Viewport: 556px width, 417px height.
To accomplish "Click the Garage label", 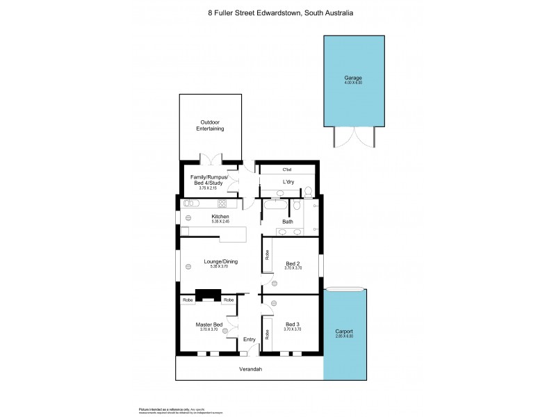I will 353,78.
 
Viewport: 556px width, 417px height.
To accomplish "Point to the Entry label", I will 249,339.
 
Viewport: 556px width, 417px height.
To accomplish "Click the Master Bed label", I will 208,325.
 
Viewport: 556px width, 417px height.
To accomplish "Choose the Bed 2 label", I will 293,263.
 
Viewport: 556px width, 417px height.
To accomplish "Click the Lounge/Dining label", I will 221,261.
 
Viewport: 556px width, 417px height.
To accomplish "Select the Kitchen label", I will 220,216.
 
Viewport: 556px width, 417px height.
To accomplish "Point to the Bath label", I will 288,222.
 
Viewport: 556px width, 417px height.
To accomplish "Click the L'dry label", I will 288,181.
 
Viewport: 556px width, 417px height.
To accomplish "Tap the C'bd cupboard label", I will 286,170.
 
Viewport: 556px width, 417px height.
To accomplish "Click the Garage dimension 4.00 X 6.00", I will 353,83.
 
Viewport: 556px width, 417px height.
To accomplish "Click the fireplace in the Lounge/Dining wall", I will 208,295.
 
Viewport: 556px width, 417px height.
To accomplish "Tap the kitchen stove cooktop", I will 223,204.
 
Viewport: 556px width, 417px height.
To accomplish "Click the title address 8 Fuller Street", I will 236,13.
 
